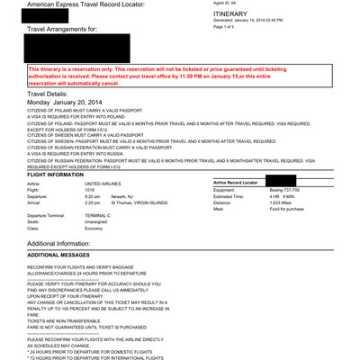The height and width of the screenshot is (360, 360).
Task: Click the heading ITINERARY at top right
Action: (231, 16)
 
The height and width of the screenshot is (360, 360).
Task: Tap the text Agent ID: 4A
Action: (225, 4)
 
